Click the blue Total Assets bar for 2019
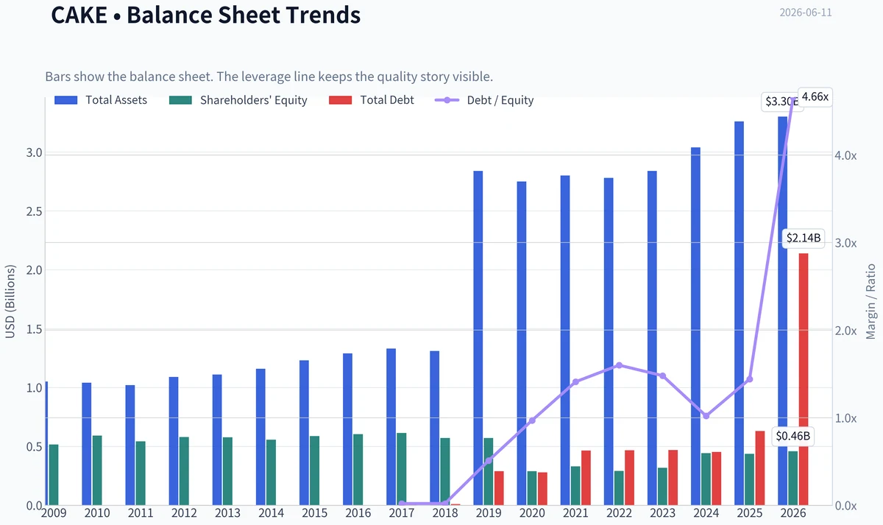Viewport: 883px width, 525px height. pos(478,338)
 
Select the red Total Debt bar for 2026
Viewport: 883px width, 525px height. pos(804,379)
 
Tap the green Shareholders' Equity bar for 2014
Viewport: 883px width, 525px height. pos(271,473)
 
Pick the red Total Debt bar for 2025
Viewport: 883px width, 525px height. pos(760,468)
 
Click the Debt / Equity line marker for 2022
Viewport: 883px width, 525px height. pos(620,365)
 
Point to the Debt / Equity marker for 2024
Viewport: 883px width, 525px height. pos(706,416)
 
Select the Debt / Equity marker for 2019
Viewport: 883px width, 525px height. pos(489,460)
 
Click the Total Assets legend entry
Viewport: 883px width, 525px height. pos(101,100)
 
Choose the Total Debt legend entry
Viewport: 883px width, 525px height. pos(372,100)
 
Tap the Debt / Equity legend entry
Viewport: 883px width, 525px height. pos(484,100)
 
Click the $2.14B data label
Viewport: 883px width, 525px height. pos(804,238)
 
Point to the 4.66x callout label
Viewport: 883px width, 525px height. pos(815,96)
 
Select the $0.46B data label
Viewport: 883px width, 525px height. pos(792,436)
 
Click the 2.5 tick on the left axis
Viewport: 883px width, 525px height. pos(34,211)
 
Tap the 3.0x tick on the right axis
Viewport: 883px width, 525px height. pos(845,243)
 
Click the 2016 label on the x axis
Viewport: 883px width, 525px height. pos(358,512)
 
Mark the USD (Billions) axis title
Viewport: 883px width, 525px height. pos(10,301)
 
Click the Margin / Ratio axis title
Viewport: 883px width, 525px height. pos(870,301)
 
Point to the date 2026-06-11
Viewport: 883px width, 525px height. pos(806,13)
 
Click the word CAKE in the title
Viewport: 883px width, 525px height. pos(79,15)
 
